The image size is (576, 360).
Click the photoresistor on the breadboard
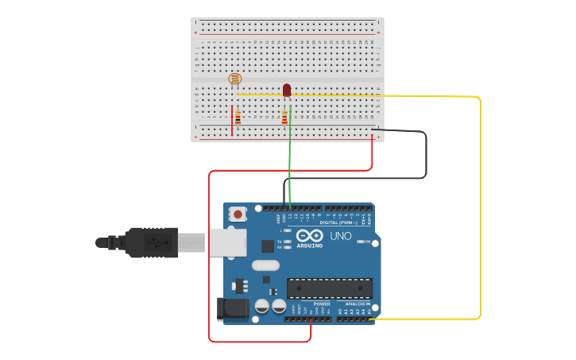(x=234, y=79)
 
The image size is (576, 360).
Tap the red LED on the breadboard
(x=287, y=90)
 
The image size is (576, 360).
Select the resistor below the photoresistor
(x=238, y=118)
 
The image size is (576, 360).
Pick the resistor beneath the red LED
(x=284, y=118)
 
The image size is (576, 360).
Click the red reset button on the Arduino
(x=238, y=214)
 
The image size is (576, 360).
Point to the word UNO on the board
(x=341, y=236)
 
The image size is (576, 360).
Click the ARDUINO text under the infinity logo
(x=310, y=246)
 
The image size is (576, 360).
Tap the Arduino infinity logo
(x=309, y=235)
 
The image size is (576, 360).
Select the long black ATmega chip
(x=329, y=288)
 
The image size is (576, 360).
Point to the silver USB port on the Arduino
(x=228, y=242)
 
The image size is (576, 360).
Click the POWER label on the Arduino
(x=322, y=304)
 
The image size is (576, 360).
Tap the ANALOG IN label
(x=357, y=304)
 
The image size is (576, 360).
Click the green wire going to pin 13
(x=290, y=159)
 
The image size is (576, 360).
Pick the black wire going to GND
(x=426, y=155)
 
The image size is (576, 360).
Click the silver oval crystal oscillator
(x=265, y=265)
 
